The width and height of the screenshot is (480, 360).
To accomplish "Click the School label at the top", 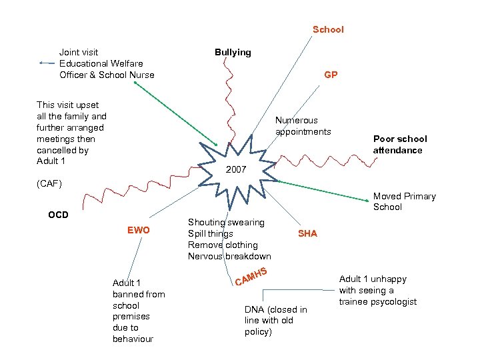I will tap(328, 29).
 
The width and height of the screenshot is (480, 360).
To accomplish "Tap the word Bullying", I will tap(233, 52).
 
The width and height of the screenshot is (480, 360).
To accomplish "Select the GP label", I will tap(331, 75).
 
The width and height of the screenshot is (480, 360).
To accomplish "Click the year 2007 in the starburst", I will tap(236, 171).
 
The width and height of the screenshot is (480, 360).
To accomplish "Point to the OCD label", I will tap(58, 215).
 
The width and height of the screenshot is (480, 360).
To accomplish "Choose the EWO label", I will tap(139, 231).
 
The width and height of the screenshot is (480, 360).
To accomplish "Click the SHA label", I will tap(307, 233).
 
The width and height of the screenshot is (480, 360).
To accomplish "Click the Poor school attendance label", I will tap(400, 145).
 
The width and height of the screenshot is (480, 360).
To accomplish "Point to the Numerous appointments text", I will tap(303, 126).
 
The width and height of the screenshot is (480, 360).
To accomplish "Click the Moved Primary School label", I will tap(404, 201).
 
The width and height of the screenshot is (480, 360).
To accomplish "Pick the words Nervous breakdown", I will tap(229, 257).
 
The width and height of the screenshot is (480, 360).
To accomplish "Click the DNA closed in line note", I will tap(275, 321).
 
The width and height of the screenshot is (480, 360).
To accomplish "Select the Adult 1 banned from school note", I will tap(139, 311).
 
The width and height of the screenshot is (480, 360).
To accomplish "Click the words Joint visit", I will tap(79, 52).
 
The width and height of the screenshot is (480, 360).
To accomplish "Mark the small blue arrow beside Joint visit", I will tap(47, 63).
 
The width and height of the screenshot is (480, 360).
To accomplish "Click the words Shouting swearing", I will tap(226, 222).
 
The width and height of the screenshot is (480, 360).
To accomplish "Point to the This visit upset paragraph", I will tap(71, 133).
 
